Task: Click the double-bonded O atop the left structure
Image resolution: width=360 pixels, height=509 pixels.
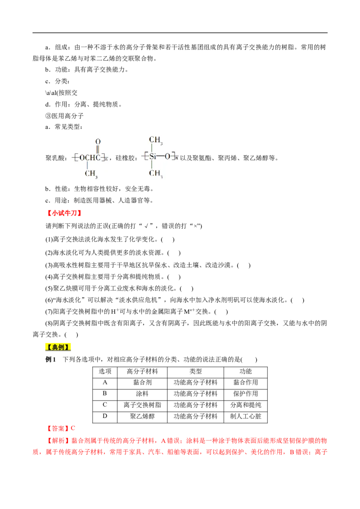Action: point(98,142)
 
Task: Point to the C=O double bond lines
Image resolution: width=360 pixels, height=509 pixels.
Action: point(98,150)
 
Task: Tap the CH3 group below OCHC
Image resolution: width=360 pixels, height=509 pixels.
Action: point(91,174)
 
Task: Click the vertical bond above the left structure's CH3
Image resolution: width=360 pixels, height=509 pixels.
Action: point(87,165)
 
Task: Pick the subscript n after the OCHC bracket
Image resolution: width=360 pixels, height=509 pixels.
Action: point(106,159)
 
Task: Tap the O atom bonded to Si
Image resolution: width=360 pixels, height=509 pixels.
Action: point(167,156)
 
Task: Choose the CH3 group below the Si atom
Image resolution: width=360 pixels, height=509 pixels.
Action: point(156,173)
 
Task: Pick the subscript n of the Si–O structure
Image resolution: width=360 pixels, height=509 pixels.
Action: point(177,158)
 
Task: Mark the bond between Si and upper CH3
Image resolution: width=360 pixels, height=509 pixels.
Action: point(152,148)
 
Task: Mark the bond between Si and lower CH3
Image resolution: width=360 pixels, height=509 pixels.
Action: point(152,165)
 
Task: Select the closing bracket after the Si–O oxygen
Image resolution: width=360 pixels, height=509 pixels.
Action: point(173,156)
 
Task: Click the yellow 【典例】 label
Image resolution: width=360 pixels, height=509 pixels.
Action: point(58,347)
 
